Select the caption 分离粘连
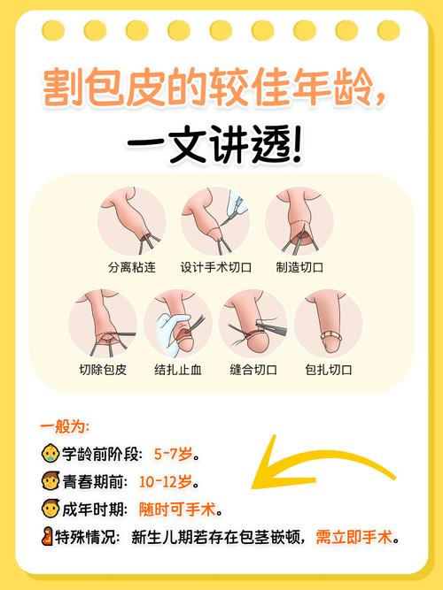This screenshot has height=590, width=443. coord(129,265)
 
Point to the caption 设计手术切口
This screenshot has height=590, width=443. coord(216,265)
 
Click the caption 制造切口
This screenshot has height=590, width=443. coord(299,265)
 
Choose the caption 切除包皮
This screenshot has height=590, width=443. coord(102,370)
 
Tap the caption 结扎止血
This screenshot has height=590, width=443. coord(178,370)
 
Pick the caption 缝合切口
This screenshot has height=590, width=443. coord(254,370)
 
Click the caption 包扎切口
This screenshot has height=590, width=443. coord(329,370)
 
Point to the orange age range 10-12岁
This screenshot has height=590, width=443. coord(167,482)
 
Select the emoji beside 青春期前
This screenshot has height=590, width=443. coord(51,482)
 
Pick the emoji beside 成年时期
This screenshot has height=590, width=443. coord(51,510)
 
